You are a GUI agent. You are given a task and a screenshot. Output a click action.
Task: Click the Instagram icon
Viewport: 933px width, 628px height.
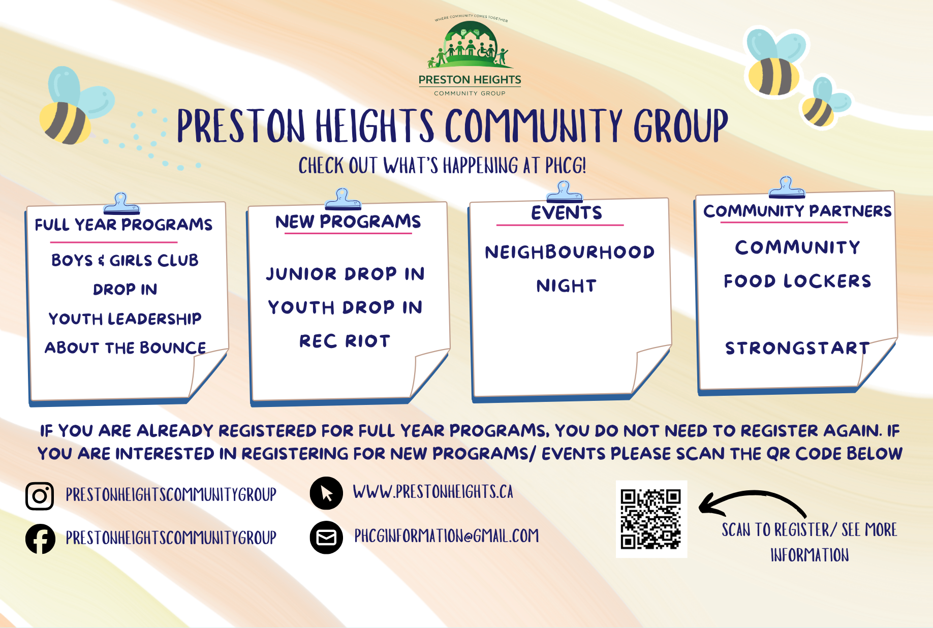point(40,496)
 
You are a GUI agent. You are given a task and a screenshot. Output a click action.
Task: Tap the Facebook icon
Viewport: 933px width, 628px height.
point(40,539)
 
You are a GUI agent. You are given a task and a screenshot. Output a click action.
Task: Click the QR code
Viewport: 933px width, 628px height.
point(651,519)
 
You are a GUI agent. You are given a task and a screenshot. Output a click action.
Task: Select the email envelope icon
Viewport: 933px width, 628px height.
point(326,537)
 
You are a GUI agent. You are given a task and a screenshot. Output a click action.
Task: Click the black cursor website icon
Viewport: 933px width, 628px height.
point(326,493)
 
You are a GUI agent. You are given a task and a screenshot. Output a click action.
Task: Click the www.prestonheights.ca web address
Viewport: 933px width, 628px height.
point(433,492)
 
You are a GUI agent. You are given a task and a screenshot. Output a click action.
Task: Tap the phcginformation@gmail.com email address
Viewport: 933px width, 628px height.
point(446,536)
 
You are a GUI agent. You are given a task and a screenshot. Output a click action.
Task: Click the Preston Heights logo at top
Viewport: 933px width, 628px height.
point(470,56)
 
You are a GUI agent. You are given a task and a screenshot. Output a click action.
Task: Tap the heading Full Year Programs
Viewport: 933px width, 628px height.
point(123,225)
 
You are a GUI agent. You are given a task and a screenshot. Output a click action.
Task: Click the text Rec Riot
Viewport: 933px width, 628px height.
point(345,341)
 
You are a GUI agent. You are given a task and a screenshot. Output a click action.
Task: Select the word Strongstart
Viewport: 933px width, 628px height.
point(797,348)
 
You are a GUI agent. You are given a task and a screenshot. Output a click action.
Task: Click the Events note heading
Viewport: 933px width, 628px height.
point(567,213)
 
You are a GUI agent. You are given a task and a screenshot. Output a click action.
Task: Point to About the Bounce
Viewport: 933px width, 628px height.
point(126,348)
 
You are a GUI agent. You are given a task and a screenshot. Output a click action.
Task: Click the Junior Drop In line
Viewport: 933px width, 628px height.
point(345,274)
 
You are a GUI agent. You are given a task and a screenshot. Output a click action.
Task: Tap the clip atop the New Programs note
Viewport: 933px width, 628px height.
point(343,199)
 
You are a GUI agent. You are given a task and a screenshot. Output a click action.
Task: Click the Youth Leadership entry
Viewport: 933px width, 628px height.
point(125,319)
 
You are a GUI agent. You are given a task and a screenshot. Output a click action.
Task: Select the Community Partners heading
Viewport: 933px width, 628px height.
point(797,211)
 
